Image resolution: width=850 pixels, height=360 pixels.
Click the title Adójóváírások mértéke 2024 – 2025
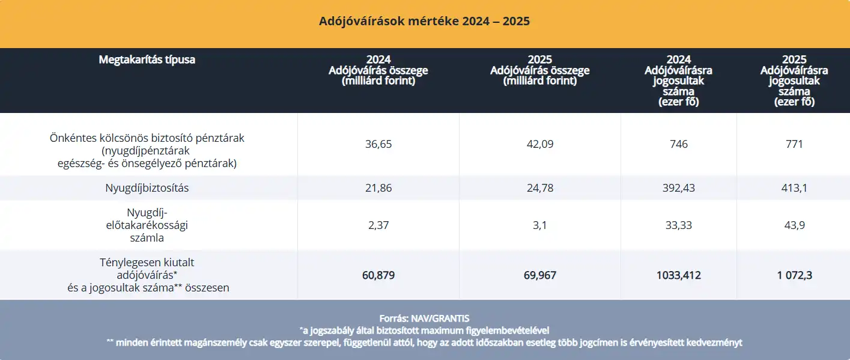click(x=424, y=22)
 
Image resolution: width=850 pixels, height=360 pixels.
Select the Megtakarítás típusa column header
click(x=147, y=59)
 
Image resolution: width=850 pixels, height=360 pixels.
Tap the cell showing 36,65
click(x=378, y=144)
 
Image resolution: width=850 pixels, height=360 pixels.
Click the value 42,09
click(x=539, y=144)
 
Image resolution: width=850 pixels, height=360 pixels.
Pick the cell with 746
click(x=679, y=144)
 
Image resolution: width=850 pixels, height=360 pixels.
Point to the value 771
click(x=794, y=144)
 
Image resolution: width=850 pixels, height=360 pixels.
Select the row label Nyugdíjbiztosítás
click(x=147, y=188)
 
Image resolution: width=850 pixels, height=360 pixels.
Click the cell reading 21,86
click(x=378, y=188)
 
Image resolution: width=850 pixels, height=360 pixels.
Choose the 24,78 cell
click(x=539, y=188)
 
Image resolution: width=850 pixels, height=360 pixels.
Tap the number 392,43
click(x=679, y=188)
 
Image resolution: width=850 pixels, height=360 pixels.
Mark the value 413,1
click(x=794, y=188)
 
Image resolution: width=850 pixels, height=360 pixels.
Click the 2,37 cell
click(x=378, y=225)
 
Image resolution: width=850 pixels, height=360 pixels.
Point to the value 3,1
click(x=539, y=225)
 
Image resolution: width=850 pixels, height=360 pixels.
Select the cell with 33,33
click(x=679, y=225)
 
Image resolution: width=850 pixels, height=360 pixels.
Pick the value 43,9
click(x=794, y=225)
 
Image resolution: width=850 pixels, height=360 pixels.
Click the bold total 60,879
click(x=378, y=275)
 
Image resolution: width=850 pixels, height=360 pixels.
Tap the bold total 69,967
click(x=539, y=275)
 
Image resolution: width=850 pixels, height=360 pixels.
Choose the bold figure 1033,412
click(x=679, y=275)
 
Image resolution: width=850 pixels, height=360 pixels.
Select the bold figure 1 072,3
click(x=794, y=275)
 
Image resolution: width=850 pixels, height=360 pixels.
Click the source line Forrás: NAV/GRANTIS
click(x=424, y=319)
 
